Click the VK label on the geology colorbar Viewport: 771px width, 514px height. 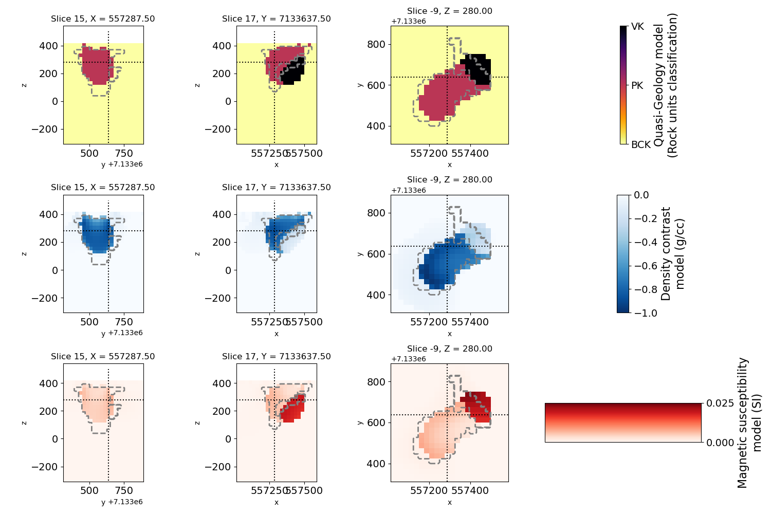[637, 27]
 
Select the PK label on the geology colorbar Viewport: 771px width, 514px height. [637, 86]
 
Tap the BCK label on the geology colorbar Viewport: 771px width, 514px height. [640, 145]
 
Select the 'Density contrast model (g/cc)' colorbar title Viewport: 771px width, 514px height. [673, 254]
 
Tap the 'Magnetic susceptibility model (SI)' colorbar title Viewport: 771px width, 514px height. [749, 423]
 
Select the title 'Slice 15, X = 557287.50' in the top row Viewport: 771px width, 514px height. [103, 19]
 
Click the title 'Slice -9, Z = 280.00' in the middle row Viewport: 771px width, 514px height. [449, 180]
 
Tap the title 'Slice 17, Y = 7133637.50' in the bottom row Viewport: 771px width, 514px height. [276, 357]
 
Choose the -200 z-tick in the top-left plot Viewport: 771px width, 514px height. [46, 129]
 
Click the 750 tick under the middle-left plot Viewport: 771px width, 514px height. [124, 322]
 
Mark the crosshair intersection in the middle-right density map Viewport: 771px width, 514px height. [447, 246]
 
